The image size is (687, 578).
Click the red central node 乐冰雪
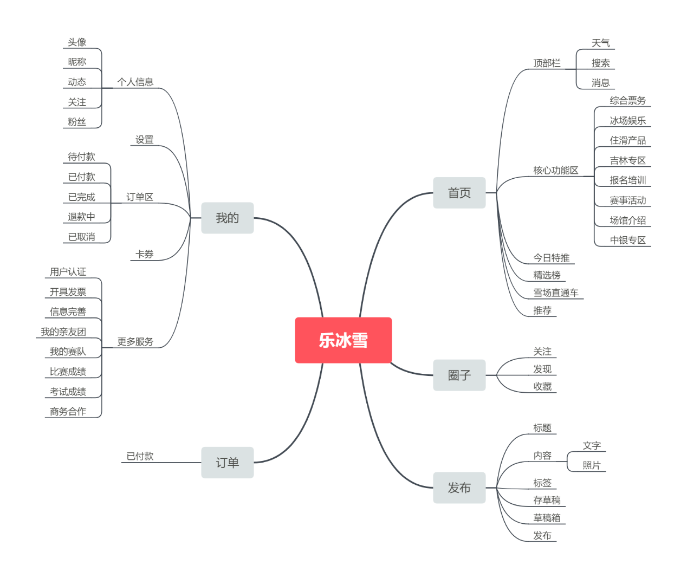(x=343, y=340)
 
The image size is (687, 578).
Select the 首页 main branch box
(x=459, y=193)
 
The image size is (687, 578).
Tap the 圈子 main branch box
(x=459, y=375)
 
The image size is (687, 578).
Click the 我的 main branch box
(x=227, y=218)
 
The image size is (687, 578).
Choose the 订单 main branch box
(x=227, y=463)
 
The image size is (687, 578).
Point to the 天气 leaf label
(x=600, y=43)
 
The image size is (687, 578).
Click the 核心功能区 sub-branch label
(x=555, y=170)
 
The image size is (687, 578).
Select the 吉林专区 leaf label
(x=627, y=160)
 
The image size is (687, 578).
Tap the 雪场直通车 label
(x=555, y=293)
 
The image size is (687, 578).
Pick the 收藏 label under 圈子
(x=542, y=386)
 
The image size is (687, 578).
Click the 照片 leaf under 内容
(x=592, y=465)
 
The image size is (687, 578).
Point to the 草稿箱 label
(x=547, y=518)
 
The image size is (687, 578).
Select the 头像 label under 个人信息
(x=77, y=42)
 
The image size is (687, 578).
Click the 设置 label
(x=144, y=139)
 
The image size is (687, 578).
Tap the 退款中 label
(x=81, y=217)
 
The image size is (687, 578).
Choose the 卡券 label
(x=144, y=254)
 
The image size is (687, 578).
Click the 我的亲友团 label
(x=63, y=332)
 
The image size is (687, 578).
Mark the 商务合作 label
(x=68, y=412)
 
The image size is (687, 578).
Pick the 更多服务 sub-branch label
(x=135, y=342)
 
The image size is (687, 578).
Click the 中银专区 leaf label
(x=627, y=240)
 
